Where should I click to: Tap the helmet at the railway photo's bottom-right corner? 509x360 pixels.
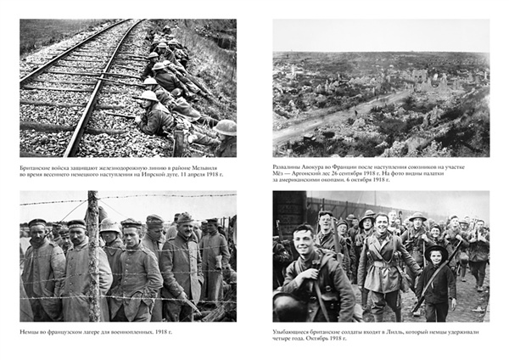tap(226, 127)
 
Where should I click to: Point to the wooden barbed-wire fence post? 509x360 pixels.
tap(92, 255)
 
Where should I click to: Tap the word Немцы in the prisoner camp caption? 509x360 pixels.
tap(31, 331)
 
